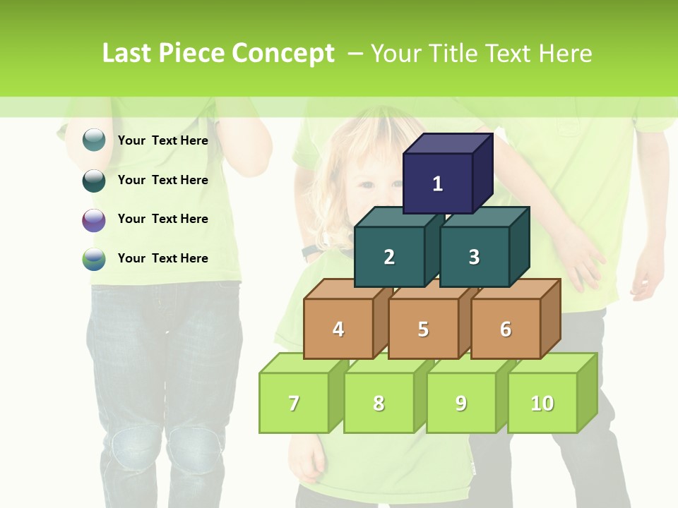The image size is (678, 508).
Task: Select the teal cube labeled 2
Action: pyautogui.click(x=389, y=257)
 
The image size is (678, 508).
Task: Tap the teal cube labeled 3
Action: pyautogui.click(x=474, y=257)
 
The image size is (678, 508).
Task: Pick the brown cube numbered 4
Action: pyautogui.click(x=338, y=329)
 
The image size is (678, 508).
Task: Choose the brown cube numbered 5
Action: pyautogui.click(x=423, y=329)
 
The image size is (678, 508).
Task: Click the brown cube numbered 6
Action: pyautogui.click(x=505, y=329)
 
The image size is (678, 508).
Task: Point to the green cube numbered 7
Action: pyautogui.click(x=294, y=403)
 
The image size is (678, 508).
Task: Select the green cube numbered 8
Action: pyautogui.click(x=379, y=403)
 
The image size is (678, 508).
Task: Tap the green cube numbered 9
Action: pyautogui.click(x=460, y=403)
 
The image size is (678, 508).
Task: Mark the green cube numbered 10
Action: pyautogui.click(x=542, y=403)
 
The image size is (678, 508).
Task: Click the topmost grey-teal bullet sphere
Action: pyautogui.click(x=94, y=140)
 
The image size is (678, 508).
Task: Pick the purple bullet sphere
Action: pyautogui.click(x=94, y=219)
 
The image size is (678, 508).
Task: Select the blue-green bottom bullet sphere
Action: pyautogui.click(x=94, y=259)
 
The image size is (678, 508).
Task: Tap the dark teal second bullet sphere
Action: pyautogui.click(x=94, y=180)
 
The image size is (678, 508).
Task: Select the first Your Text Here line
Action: pyautogui.click(x=162, y=140)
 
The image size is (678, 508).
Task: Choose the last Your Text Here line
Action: pyautogui.click(x=162, y=258)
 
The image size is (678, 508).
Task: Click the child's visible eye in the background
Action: pyautogui.click(x=365, y=185)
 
